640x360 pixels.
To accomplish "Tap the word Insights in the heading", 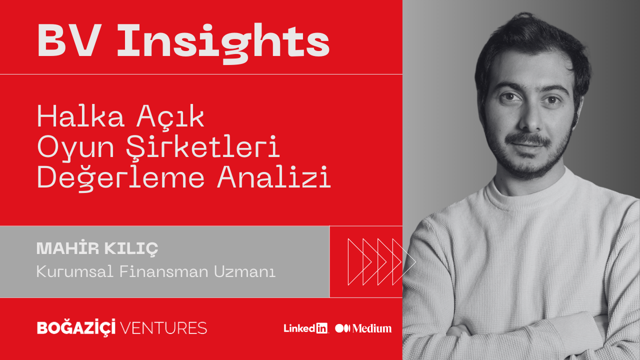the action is pyautogui.click(x=223, y=43).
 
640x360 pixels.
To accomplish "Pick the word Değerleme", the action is pyautogui.click(x=121, y=177).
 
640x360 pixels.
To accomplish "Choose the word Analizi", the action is pyautogui.click(x=273, y=176).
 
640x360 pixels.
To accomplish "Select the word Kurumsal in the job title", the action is pyautogui.click(x=75, y=271).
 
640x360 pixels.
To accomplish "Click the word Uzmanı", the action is pyautogui.click(x=245, y=271).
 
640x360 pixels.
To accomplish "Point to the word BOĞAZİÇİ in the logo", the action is pyautogui.click(x=76, y=327).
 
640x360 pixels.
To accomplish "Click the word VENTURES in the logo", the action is pyautogui.click(x=163, y=328).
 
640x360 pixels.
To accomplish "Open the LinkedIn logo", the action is pyautogui.click(x=305, y=328).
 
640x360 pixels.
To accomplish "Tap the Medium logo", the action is pyautogui.click(x=363, y=328).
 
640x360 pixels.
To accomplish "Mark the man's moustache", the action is pyautogui.click(x=528, y=139).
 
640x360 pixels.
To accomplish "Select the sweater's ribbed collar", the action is pyautogui.click(x=531, y=197).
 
